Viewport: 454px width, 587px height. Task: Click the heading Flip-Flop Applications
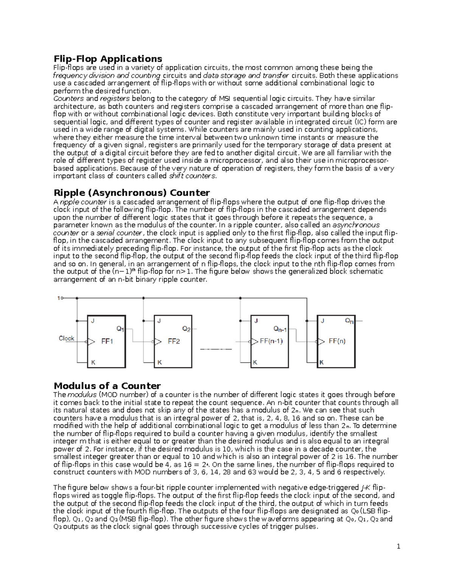coord(108,59)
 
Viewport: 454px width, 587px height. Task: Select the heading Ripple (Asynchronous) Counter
coord(132,193)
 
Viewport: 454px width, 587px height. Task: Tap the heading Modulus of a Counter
coord(107,386)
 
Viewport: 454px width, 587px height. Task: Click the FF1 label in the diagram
coord(107,341)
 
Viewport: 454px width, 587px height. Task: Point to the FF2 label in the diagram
coord(174,341)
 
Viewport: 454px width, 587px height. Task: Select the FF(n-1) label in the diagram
coord(271,341)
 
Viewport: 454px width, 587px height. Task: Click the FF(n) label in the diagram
coord(337,341)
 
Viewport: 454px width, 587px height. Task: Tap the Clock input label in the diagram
coord(67,338)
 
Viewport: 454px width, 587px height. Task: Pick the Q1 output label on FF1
coord(120,329)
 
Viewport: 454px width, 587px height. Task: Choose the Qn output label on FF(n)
coord(349,321)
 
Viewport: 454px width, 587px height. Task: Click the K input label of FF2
coord(160,362)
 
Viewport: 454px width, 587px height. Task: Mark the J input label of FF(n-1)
coord(256,321)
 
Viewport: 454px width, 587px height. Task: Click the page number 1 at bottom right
coord(398,546)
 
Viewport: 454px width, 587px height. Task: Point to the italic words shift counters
coord(192,176)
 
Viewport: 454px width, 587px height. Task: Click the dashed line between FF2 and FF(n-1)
coord(216,349)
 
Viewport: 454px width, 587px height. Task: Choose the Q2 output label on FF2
coord(187,329)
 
